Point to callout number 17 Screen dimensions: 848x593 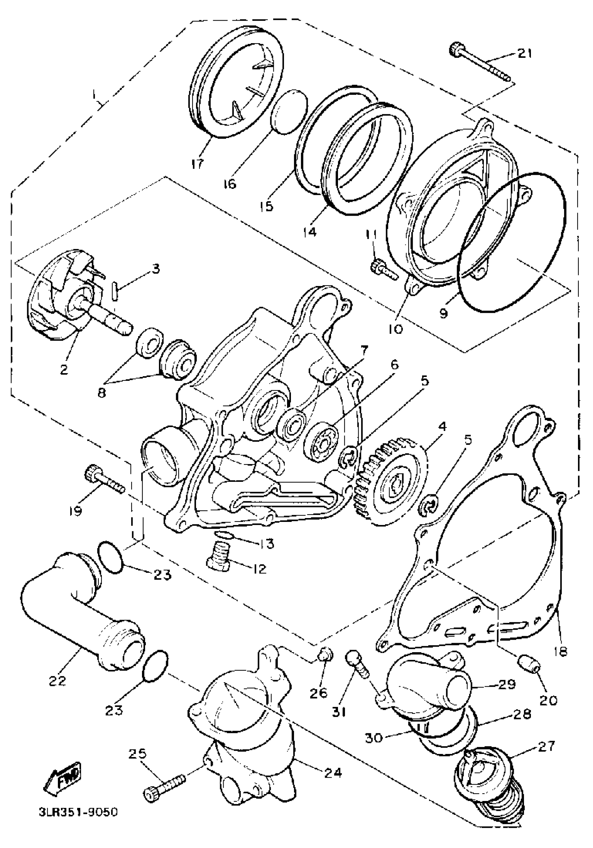198,164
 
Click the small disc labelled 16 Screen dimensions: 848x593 290,110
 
